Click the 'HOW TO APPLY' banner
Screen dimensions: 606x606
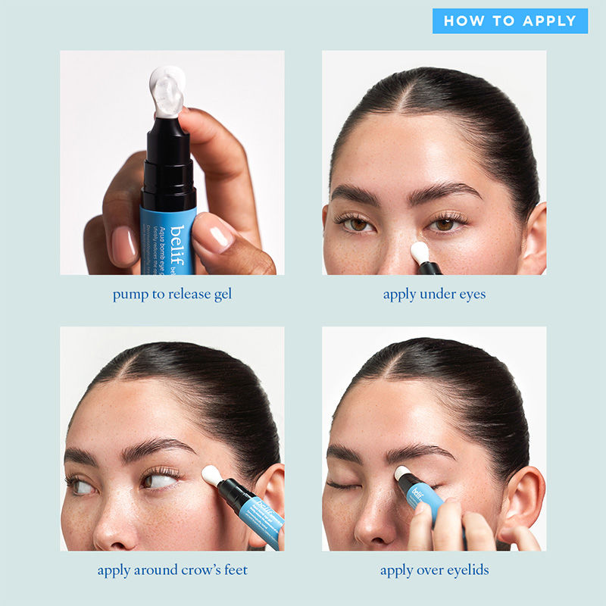click(510, 21)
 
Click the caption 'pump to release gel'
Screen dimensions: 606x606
click(172, 294)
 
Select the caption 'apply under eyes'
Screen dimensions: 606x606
click(434, 294)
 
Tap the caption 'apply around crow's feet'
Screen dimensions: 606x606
click(172, 570)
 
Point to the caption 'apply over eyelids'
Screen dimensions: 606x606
click(434, 570)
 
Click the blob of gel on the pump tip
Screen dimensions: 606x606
click(168, 91)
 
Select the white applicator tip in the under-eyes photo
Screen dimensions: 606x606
click(420, 252)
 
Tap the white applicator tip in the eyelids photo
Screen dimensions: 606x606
click(404, 474)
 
